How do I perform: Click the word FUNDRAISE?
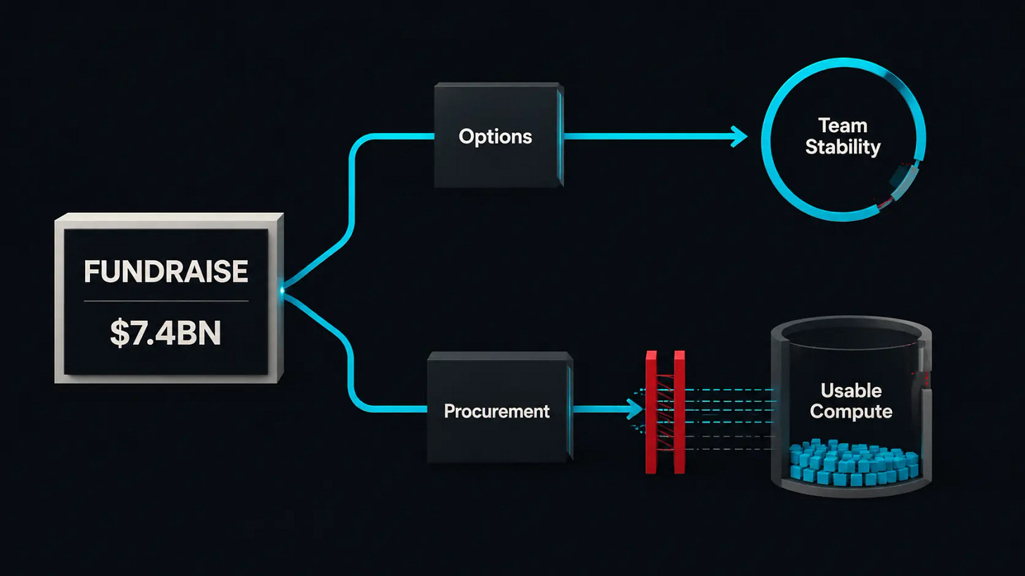point(165,271)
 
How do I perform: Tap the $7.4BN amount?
point(165,333)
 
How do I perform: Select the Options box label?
point(495,137)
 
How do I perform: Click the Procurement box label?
point(496,411)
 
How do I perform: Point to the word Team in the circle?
point(843,126)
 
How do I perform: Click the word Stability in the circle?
point(843,147)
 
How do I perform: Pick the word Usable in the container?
point(851,391)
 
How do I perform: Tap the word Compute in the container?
point(851,411)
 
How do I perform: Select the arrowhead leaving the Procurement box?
point(635,409)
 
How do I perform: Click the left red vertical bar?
point(651,412)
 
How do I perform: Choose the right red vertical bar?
point(679,412)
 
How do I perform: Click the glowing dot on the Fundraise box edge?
point(282,290)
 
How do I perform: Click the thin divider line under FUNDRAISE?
point(166,301)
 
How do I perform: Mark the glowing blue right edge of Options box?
point(560,136)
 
